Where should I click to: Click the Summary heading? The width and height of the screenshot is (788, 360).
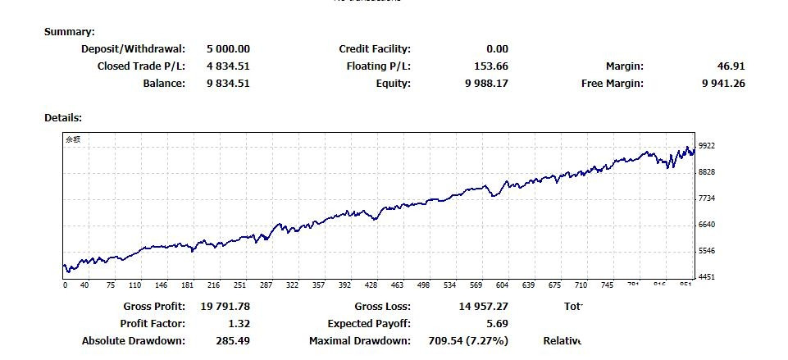(70, 32)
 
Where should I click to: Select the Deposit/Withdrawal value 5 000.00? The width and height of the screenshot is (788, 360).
(228, 49)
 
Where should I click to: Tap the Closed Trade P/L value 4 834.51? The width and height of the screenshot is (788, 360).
(228, 66)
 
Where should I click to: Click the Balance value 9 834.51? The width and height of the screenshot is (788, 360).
(228, 83)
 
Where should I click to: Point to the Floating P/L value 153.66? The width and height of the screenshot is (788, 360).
(491, 66)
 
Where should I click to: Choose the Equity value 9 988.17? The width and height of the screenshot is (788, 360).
(486, 83)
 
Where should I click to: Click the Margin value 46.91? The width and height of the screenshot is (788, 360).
(731, 66)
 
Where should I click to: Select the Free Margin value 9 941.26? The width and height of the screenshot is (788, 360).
(723, 83)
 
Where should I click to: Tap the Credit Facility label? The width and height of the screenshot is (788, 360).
(375, 49)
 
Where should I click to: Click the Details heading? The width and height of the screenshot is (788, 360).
(63, 118)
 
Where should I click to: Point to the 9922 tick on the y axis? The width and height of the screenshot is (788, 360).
(707, 146)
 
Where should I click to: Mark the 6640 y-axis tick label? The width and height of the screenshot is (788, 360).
(707, 225)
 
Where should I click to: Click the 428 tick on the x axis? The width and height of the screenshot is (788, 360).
(371, 285)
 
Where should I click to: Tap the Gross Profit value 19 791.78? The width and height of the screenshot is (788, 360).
(225, 307)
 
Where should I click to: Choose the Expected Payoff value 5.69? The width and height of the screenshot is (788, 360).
(497, 324)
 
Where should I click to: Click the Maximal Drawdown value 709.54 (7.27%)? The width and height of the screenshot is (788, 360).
(468, 341)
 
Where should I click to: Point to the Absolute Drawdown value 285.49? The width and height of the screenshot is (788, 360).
(232, 341)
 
